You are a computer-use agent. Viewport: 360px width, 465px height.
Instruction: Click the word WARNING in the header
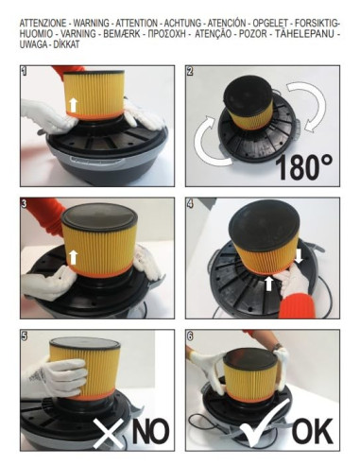pos(92,23)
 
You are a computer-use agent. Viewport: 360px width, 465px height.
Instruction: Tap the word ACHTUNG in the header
pos(182,23)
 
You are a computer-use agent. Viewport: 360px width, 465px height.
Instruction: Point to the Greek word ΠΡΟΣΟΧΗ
pos(167,34)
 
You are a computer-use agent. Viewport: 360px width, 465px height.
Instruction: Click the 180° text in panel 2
pos(304,166)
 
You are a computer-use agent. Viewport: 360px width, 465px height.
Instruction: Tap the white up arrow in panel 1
pos(74,105)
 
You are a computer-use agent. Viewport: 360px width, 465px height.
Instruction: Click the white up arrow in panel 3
pos(74,257)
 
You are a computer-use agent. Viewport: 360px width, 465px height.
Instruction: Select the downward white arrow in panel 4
pos(299,256)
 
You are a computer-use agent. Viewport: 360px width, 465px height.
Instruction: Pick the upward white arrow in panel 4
pos(268,284)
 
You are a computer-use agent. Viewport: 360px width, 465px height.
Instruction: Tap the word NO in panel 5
pos(150,432)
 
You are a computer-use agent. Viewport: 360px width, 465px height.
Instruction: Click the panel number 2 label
pos(190,71)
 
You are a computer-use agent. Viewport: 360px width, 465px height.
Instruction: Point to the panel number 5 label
pos(25,336)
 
